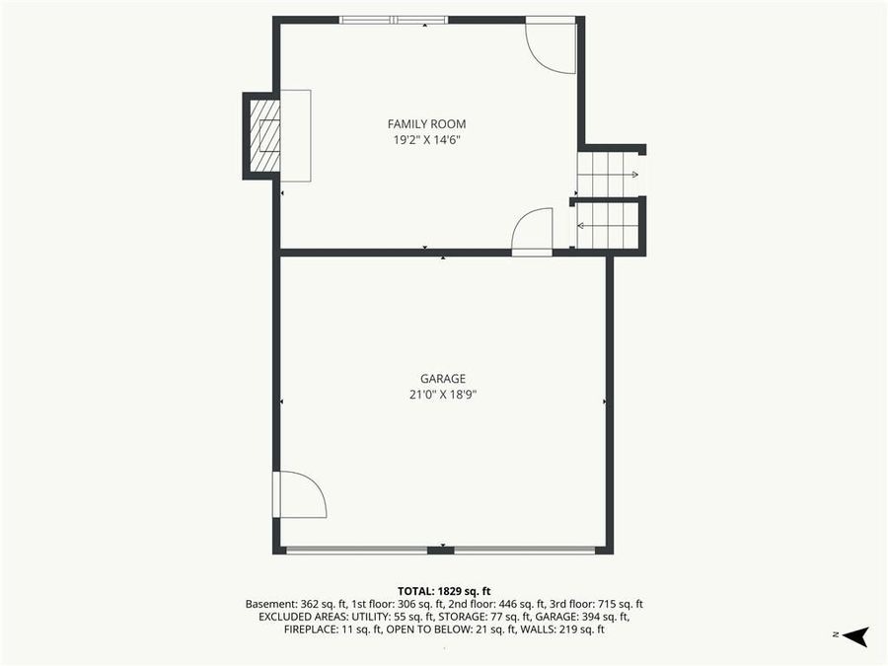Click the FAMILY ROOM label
pos(426,124)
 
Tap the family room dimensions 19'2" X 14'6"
pos(426,140)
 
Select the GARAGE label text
pos(442,378)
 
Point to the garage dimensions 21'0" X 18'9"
pos(442,394)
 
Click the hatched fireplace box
pos(264,135)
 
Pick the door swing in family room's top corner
pos(551,45)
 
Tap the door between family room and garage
pos(533,233)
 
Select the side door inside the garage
pos(299,495)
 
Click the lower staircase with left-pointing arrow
pos(608,226)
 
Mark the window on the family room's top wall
pos(393,20)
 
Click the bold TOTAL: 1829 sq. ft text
pos(443,589)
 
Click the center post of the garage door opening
pos(441,550)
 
